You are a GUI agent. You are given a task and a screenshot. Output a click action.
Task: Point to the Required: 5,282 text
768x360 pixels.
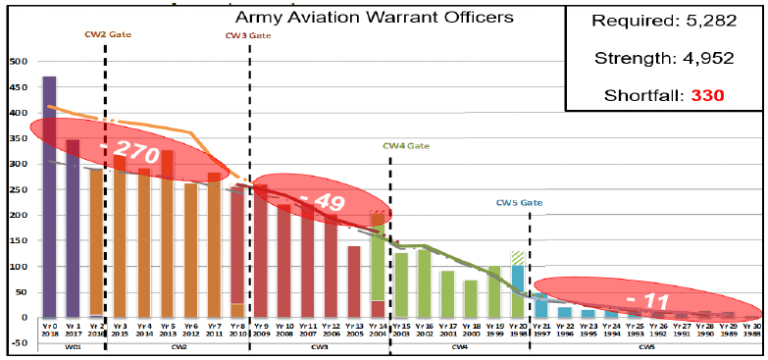tap(663, 21)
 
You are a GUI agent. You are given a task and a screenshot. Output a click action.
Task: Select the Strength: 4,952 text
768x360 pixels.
tap(663, 58)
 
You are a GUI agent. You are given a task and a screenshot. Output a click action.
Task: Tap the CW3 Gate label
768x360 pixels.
tap(247, 35)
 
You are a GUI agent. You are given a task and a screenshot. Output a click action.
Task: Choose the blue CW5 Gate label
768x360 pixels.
tap(519, 202)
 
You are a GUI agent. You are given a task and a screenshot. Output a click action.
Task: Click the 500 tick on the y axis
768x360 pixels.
tap(17, 61)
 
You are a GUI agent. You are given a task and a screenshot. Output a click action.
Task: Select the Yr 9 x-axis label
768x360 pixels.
tap(260, 327)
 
